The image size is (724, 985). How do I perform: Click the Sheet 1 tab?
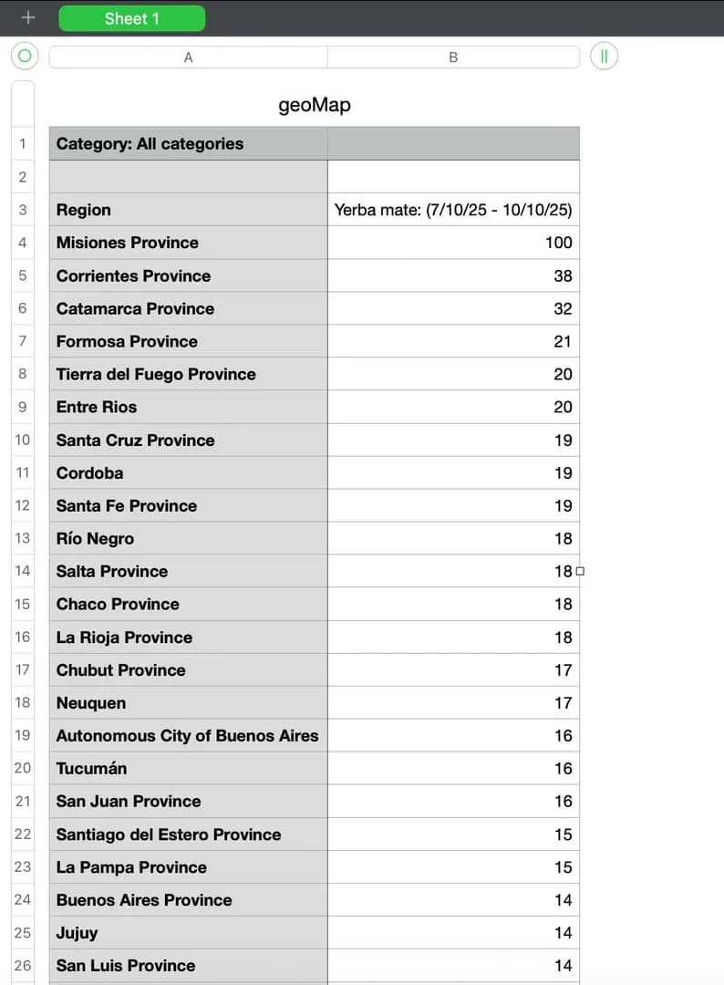tap(131, 18)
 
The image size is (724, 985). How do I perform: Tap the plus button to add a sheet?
tap(28, 17)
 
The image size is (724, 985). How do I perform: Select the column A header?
tap(188, 57)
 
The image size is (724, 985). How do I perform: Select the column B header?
tap(453, 57)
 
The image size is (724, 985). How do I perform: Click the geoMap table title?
tap(314, 105)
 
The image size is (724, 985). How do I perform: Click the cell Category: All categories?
tap(150, 143)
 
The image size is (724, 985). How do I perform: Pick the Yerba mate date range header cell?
tap(453, 210)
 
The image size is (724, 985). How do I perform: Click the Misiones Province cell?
tap(128, 243)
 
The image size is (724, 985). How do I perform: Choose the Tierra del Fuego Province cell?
tap(156, 374)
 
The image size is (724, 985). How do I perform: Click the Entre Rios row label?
tap(97, 407)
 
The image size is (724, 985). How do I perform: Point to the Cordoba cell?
tap(89, 472)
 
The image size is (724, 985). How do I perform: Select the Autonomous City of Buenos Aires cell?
tap(187, 735)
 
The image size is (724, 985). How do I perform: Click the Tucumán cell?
tap(91, 768)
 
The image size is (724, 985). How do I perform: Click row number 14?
tap(23, 571)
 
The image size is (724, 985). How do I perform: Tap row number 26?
tap(23, 965)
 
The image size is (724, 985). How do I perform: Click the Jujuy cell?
tap(77, 932)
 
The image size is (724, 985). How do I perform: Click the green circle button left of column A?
tap(25, 57)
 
